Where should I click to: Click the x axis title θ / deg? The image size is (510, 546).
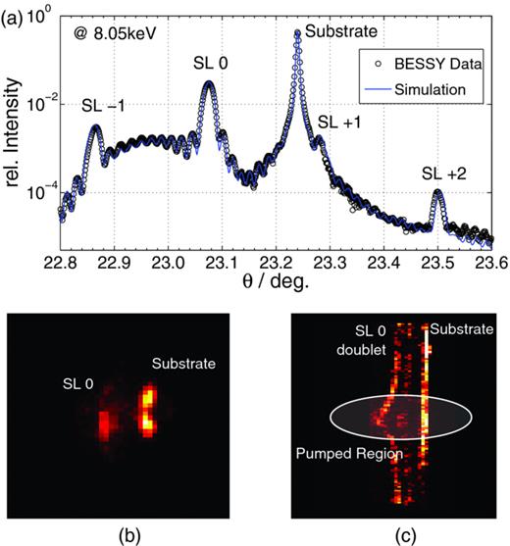[x=275, y=281]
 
